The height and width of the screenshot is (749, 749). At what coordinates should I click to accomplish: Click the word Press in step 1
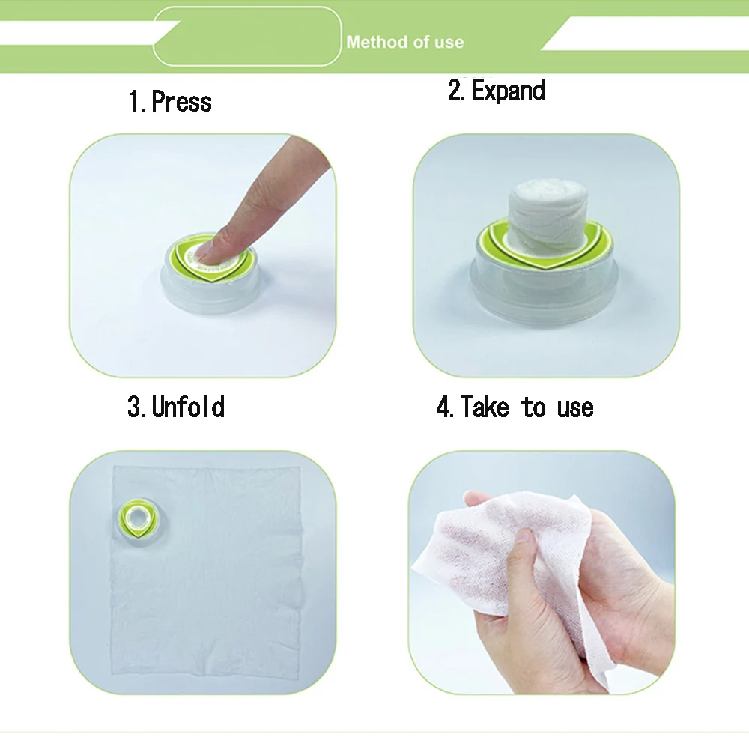[181, 102]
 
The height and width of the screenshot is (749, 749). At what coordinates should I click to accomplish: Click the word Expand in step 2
[508, 91]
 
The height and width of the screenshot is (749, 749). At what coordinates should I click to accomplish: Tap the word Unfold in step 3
[188, 407]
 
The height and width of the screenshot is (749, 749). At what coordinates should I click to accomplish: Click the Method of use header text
[404, 43]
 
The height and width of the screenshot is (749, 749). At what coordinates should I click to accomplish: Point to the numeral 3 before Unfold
[135, 408]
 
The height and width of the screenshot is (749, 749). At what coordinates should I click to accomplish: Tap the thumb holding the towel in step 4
[525, 551]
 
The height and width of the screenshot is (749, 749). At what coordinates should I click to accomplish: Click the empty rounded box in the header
[247, 35]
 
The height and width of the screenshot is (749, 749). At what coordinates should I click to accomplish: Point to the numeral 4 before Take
[443, 408]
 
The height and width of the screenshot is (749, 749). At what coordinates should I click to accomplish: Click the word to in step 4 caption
[534, 408]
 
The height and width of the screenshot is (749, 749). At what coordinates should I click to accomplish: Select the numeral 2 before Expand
[455, 91]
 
